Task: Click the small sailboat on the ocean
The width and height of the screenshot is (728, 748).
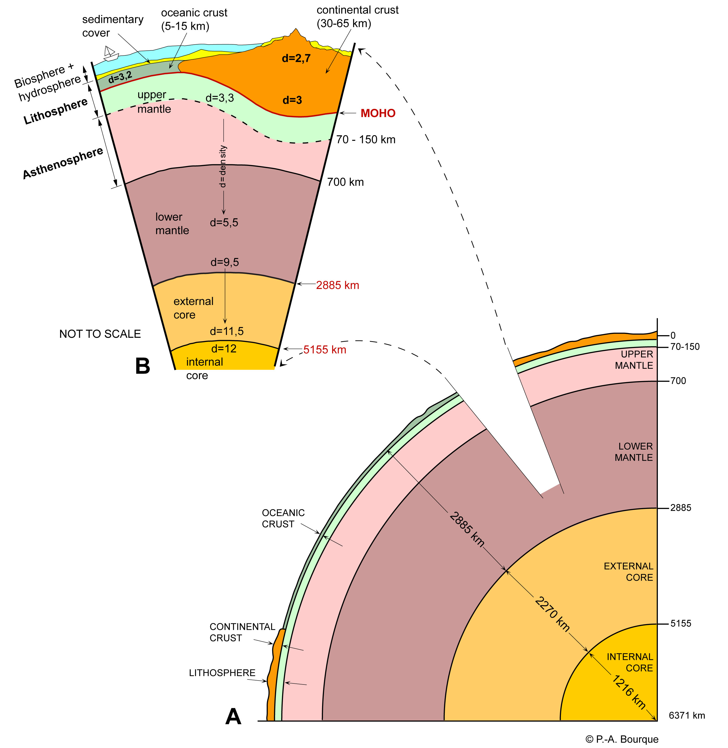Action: tap(111, 54)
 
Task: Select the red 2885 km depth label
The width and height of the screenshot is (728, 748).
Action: tap(337, 285)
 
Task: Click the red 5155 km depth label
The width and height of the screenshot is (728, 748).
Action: tap(325, 350)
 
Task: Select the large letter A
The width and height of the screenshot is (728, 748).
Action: tap(233, 716)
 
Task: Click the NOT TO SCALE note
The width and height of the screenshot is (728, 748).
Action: tap(100, 334)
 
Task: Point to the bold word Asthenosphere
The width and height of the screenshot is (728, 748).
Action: tap(63, 163)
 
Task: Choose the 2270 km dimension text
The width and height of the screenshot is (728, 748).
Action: tap(552, 614)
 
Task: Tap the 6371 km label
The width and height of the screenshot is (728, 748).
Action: tap(687, 715)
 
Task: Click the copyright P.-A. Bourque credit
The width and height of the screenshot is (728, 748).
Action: tap(622, 739)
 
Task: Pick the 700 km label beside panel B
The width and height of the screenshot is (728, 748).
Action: tap(345, 182)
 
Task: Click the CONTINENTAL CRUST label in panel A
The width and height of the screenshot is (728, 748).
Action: tap(242, 632)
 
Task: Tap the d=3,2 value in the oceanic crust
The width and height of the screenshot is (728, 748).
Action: tap(120, 77)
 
